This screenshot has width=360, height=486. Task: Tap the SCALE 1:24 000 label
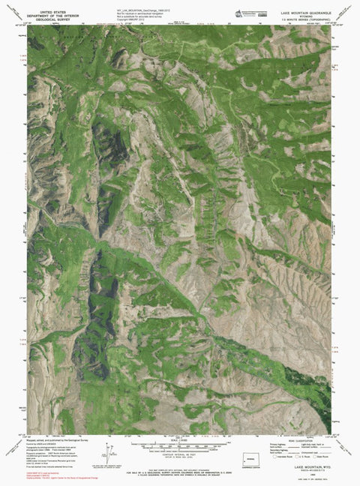click(x=180, y=440)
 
